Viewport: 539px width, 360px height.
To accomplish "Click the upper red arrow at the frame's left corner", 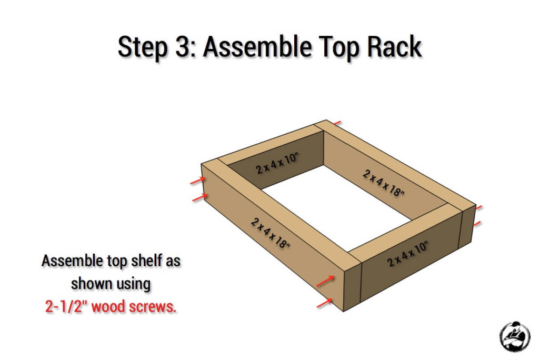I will pos(197,181).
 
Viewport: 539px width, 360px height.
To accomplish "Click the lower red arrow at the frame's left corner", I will pos(198,197).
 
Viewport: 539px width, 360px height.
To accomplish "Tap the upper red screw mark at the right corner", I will pos(478,208).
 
